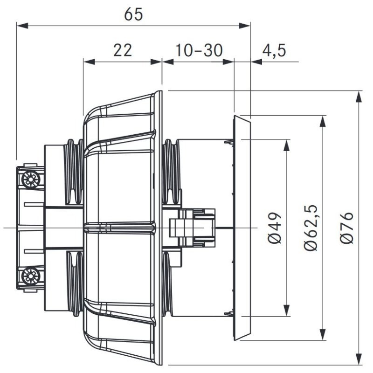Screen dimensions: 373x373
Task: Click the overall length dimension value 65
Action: (x=133, y=14)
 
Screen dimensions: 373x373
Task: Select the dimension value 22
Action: (x=123, y=50)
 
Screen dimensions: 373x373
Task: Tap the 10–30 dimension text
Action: (x=199, y=50)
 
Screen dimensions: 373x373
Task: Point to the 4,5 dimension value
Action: (x=274, y=50)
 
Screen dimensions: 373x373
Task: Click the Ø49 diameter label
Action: (x=275, y=228)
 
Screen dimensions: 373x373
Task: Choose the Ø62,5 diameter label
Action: (x=311, y=228)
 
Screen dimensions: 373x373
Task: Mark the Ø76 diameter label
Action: (x=346, y=228)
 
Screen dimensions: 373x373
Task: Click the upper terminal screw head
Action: (x=31, y=180)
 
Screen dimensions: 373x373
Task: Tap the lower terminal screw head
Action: (x=31, y=276)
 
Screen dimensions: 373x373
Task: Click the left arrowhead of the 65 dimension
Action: (x=22, y=26)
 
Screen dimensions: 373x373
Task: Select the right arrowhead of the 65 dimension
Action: (x=244, y=26)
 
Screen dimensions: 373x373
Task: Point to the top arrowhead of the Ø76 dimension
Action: (x=359, y=97)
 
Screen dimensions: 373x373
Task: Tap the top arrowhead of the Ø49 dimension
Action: (x=287, y=145)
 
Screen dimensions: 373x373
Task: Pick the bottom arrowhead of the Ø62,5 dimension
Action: (x=323, y=334)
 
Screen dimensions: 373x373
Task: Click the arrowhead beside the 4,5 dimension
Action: (x=256, y=62)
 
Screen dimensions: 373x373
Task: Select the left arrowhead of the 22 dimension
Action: (x=89, y=62)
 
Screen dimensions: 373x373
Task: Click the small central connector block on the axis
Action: (x=192, y=228)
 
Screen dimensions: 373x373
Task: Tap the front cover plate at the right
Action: (x=242, y=228)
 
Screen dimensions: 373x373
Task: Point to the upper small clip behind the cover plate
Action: (x=229, y=142)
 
